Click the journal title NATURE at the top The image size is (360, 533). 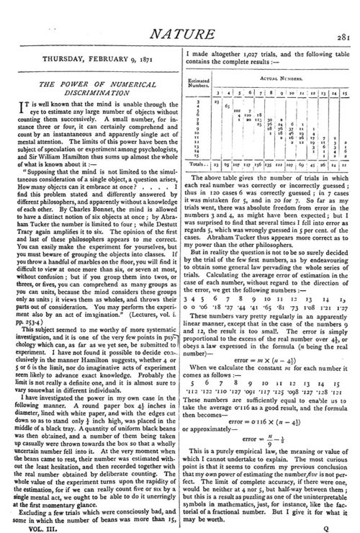pyautogui.click(x=179, y=12)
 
